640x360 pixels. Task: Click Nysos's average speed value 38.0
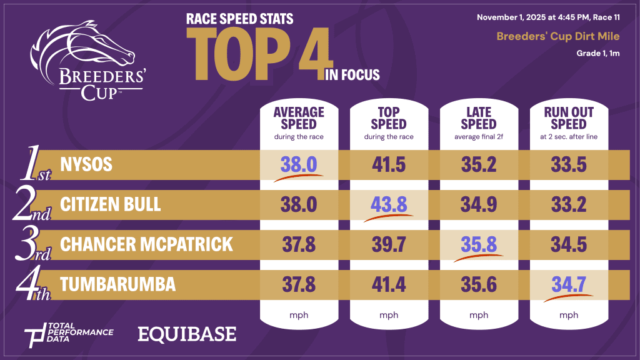tap(299, 164)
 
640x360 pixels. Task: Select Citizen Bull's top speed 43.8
tap(389, 204)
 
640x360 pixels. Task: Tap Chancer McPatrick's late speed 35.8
tap(479, 243)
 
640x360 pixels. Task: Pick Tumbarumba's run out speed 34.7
tap(569, 284)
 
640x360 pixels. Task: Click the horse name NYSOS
tap(86, 164)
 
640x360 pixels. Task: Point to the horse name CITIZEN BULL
tap(111, 204)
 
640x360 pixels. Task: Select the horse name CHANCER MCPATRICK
tap(146, 243)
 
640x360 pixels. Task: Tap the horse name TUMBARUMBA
tap(117, 284)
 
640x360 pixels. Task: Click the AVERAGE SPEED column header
tap(299, 117)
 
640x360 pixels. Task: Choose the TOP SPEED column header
tap(389, 117)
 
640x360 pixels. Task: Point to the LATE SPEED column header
tap(479, 117)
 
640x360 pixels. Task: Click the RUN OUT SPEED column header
tap(569, 117)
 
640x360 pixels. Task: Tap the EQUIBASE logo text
tap(187, 334)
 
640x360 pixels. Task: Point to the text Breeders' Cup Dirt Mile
tap(558, 36)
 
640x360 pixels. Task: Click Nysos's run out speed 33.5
tap(569, 164)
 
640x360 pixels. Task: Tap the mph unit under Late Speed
tap(479, 315)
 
